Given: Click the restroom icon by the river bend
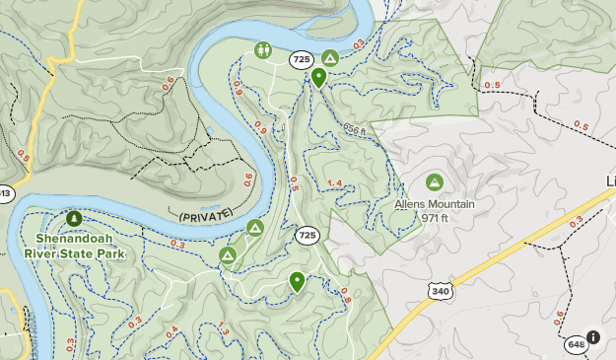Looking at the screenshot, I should (x=262, y=49).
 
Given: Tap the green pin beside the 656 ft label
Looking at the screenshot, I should (x=318, y=77).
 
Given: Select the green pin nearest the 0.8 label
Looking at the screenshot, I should (x=297, y=282).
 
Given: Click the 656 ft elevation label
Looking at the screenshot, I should (x=355, y=129).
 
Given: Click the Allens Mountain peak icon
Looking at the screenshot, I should (x=434, y=182).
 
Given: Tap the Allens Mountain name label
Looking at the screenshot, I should (x=435, y=205).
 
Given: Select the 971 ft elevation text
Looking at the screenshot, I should (x=435, y=218).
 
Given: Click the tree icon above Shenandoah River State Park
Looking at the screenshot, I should (x=73, y=217).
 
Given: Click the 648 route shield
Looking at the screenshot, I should (x=576, y=343).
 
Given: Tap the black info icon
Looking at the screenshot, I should (x=592, y=337).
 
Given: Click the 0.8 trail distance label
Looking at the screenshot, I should (x=345, y=294).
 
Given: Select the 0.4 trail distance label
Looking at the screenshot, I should (x=173, y=331).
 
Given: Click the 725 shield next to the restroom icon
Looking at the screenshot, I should (x=302, y=60).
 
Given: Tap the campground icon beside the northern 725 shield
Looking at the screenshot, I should (x=330, y=58).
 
